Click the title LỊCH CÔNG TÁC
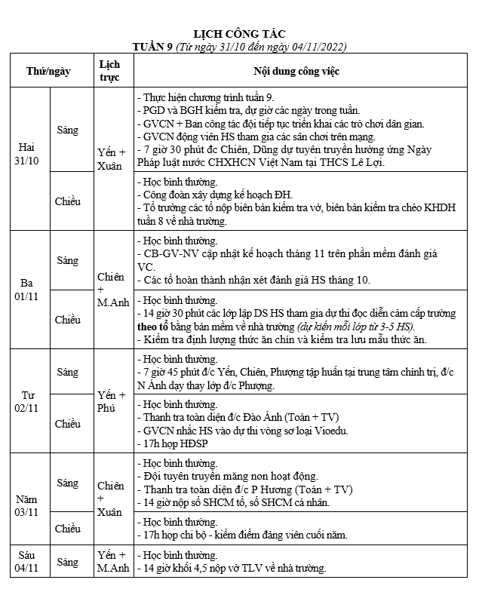point(240,35)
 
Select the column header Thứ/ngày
point(48,71)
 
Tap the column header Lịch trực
point(109,71)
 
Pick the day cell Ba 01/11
point(28,290)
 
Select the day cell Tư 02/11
point(28,400)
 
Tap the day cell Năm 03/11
point(28,505)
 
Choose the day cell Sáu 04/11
point(28,561)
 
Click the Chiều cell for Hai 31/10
point(68,201)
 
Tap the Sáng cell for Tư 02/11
point(68,373)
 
